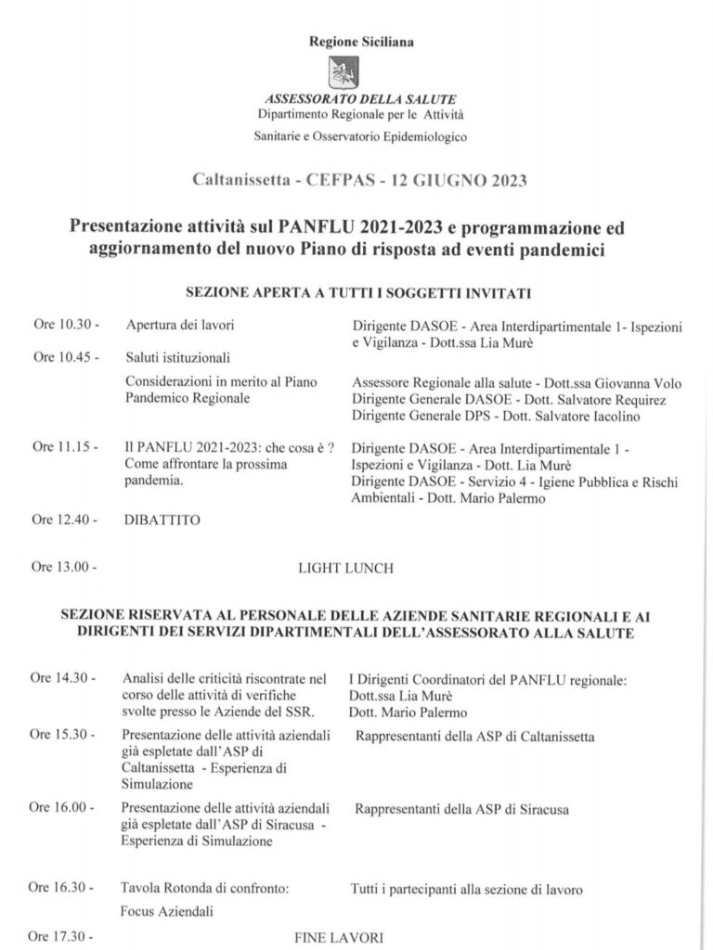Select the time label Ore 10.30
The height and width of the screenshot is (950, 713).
[x=65, y=327]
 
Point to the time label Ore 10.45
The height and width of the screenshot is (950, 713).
[x=65, y=356]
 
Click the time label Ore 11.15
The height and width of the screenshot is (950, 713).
[x=65, y=447]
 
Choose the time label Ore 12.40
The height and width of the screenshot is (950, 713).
[x=65, y=520]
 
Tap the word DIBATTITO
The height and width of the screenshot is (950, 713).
[x=162, y=520]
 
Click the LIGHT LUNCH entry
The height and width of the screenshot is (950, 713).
[x=346, y=567]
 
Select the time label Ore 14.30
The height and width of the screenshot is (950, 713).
[x=65, y=679]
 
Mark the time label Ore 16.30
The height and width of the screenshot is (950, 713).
[x=65, y=889]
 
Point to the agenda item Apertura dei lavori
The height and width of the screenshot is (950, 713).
[x=181, y=327]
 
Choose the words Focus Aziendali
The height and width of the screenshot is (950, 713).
[x=168, y=910]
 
